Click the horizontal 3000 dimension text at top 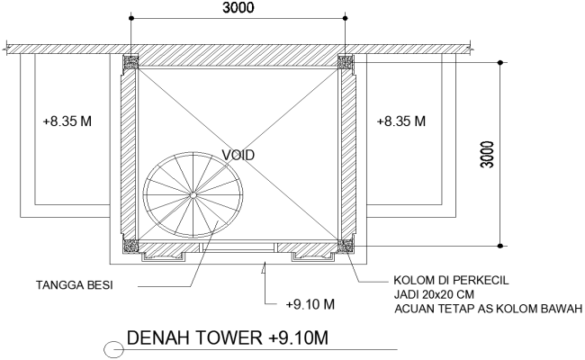[238, 8]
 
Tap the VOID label [238, 155]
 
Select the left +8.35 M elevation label [67, 121]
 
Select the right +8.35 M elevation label [401, 121]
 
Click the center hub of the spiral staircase [192, 195]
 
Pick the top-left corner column [131, 61]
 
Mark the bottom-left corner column [131, 244]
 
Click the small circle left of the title [116, 348]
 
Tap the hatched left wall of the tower [129, 153]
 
